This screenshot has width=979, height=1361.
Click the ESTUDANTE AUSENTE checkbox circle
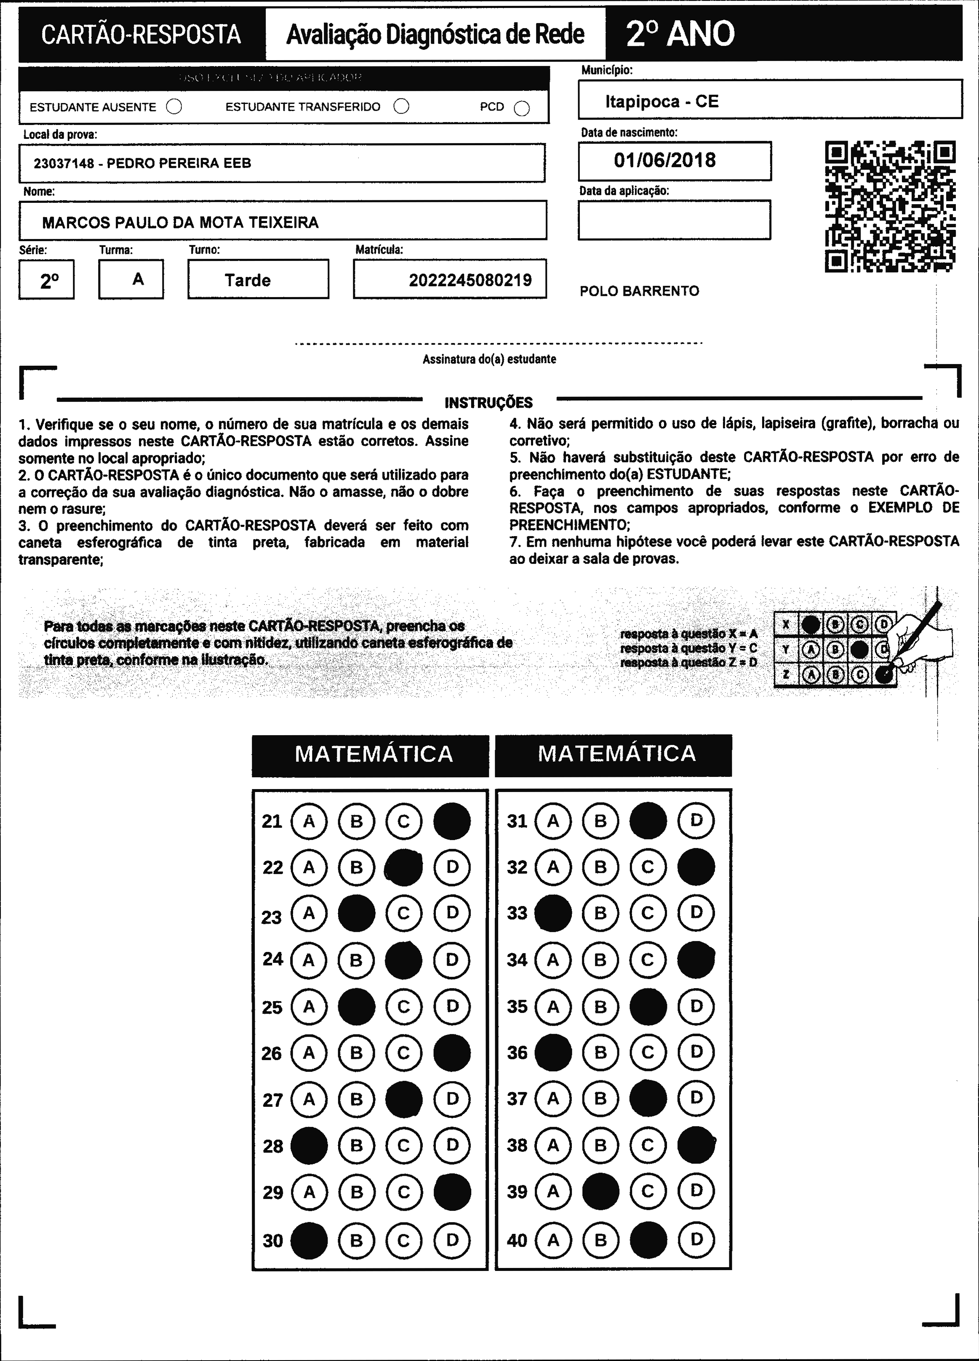pyautogui.click(x=174, y=107)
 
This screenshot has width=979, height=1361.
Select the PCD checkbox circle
pyautogui.click(x=522, y=108)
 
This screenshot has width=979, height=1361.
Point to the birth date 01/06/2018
pyautogui.click(x=664, y=160)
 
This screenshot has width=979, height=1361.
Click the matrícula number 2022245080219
pyautogui.click(x=470, y=280)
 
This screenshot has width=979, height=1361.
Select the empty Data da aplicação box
pyautogui.click(x=674, y=220)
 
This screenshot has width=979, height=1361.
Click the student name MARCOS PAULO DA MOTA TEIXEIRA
pyautogui.click(x=180, y=223)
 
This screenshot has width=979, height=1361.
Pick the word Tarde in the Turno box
pyautogui.click(x=247, y=280)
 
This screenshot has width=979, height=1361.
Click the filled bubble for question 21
pyautogui.click(x=451, y=821)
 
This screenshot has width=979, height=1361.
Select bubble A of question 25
pyautogui.click(x=309, y=1006)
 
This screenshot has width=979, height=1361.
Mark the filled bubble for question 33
pyautogui.click(x=553, y=913)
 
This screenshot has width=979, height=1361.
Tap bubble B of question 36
pyautogui.click(x=600, y=1053)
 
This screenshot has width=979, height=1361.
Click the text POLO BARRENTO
pyautogui.click(x=639, y=291)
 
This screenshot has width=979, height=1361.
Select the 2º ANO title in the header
pyautogui.click(x=680, y=34)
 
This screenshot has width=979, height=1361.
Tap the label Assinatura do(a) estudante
pyautogui.click(x=489, y=359)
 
